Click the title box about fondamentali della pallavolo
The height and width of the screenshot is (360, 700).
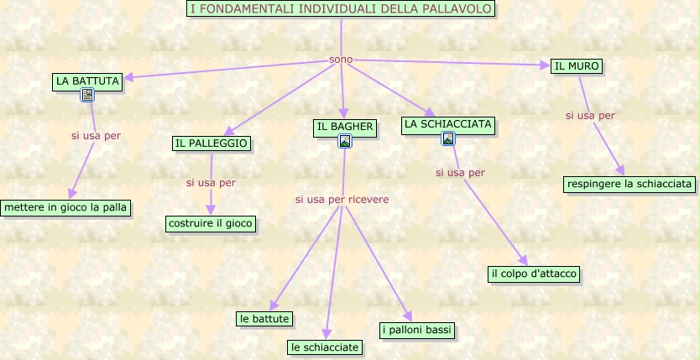click(x=340, y=8)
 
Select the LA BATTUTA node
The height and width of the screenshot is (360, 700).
click(x=87, y=81)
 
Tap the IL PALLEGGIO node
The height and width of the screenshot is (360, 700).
click(x=212, y=143)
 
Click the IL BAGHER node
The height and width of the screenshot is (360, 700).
click(x=344, y=127)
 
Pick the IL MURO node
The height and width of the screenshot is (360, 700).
click(x=577, y=66)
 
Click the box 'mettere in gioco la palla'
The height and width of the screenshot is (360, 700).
click(x=67, y=207)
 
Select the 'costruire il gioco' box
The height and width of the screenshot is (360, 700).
click(x=211, y=223)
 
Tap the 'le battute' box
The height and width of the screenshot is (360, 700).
click(x=264, y=319)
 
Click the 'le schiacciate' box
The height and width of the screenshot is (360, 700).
click(x=325, y=347)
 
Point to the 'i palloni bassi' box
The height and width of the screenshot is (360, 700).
click(x=417, y=330)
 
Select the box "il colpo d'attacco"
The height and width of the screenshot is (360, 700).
click(x=534, y=274)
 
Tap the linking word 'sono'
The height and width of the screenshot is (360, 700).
click(x=341, y=60)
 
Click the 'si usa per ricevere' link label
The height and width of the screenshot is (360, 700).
click(x=342, y=200)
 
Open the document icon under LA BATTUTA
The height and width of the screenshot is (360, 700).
click(x=87, y=96)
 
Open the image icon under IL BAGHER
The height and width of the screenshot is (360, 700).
click(x=344, y=141)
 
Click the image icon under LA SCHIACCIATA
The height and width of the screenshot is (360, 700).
click(x=448, y=138)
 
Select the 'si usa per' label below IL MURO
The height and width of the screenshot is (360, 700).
click(x=590, y=115)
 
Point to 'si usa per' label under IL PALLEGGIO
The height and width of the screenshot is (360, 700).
click(x=211, y=182)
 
